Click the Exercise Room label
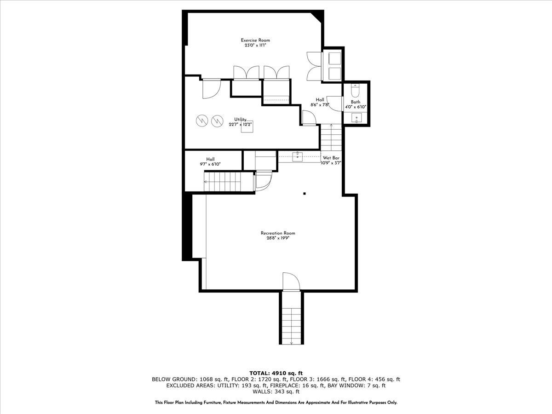pos(255,40)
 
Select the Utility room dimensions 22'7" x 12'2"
pos(241,124)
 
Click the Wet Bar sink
pos(298,157)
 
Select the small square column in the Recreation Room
pos(304,194)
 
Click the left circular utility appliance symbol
pos(201,121)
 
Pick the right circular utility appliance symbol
pos(216,121)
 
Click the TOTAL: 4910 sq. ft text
pos(276,373)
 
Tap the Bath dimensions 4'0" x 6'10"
pos(356,107)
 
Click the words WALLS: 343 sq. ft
pos(276,392)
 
